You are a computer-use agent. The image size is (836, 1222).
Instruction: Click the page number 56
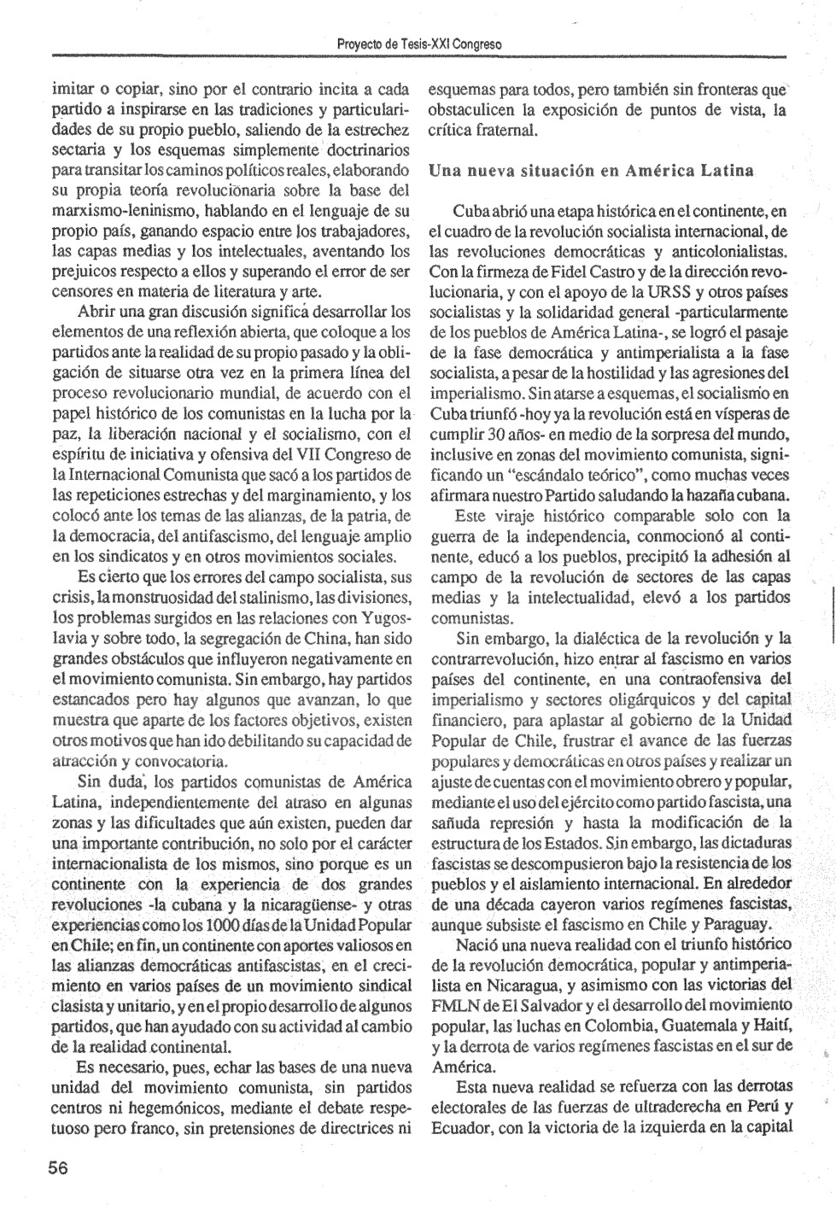tap(58, 1168)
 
